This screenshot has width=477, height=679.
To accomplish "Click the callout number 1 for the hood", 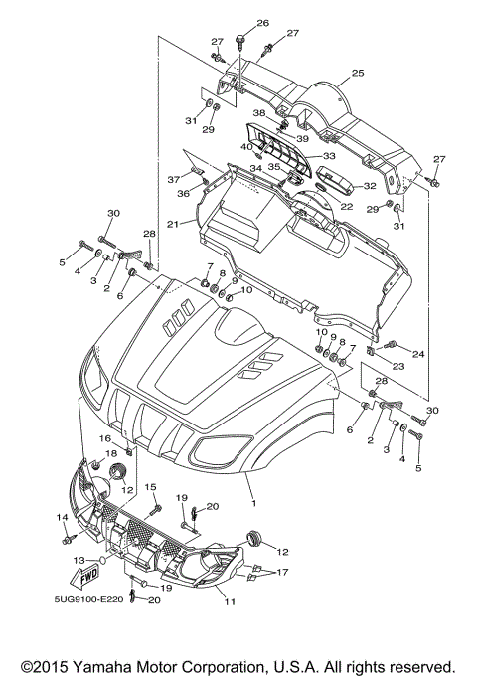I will tap(253, 504).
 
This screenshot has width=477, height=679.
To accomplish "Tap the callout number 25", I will tap(358, 73).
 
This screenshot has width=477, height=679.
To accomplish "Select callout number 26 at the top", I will tap(236, 22).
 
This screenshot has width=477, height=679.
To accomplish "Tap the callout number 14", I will tap(62, 517).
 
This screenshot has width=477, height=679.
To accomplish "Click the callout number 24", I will tap(418, 353).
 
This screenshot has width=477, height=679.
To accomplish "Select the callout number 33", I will tap(328, 156).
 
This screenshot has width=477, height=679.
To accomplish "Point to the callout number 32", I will tap(369, 185).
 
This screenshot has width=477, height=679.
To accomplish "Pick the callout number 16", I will tap(104, 438).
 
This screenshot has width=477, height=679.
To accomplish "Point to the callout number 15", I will tap(152, 485).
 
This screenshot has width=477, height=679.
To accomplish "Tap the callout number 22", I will tap(348, 206).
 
